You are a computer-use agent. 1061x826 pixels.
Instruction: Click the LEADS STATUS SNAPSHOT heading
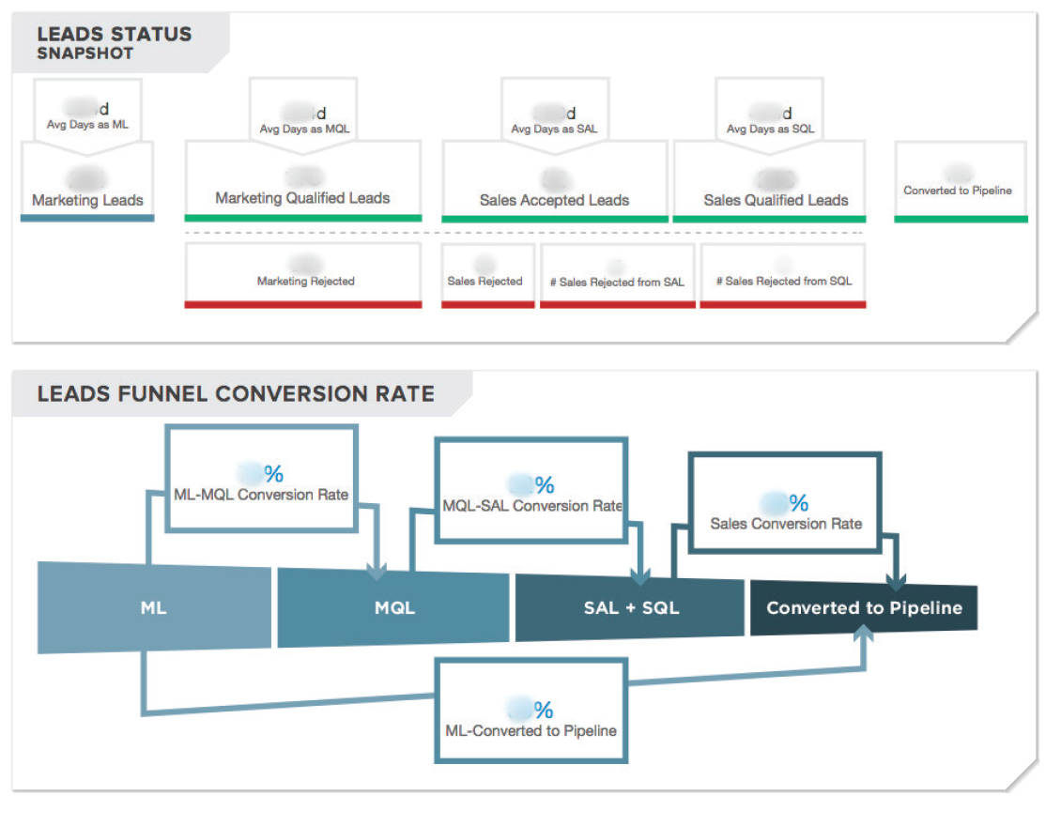point(114,42)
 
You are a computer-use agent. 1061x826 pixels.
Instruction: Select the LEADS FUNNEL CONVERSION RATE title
point(236,393)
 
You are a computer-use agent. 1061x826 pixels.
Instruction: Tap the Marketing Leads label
point(87,200)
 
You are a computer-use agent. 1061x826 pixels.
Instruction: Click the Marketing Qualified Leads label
point(302,198)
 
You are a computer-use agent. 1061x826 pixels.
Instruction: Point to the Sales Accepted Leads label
point(554,200)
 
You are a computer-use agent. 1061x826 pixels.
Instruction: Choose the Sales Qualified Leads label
point(776,200)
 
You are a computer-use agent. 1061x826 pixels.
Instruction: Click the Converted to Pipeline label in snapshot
point(958,191)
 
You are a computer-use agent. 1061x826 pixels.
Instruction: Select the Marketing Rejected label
point(305,281)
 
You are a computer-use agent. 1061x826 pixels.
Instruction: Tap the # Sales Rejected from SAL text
point(617,282)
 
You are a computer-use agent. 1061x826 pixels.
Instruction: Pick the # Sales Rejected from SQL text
point(784,281)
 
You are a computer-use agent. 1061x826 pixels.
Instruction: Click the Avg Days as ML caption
point(87,125)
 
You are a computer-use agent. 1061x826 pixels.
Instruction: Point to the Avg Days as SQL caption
point(770,130)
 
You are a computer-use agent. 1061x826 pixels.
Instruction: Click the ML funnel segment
point(153,607)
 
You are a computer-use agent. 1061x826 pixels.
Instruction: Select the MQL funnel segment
point(394,607)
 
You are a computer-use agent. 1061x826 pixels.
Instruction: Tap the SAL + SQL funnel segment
point(630,607)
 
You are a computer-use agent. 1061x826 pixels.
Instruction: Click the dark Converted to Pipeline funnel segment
point(864,607)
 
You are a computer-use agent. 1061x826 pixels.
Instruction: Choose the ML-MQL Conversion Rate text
point(261,495)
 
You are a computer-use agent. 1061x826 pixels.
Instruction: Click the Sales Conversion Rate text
point(786,524)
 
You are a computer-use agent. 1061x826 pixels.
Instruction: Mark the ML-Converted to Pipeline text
point(530,730)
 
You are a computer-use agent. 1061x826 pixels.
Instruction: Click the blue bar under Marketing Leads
point(87,218)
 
